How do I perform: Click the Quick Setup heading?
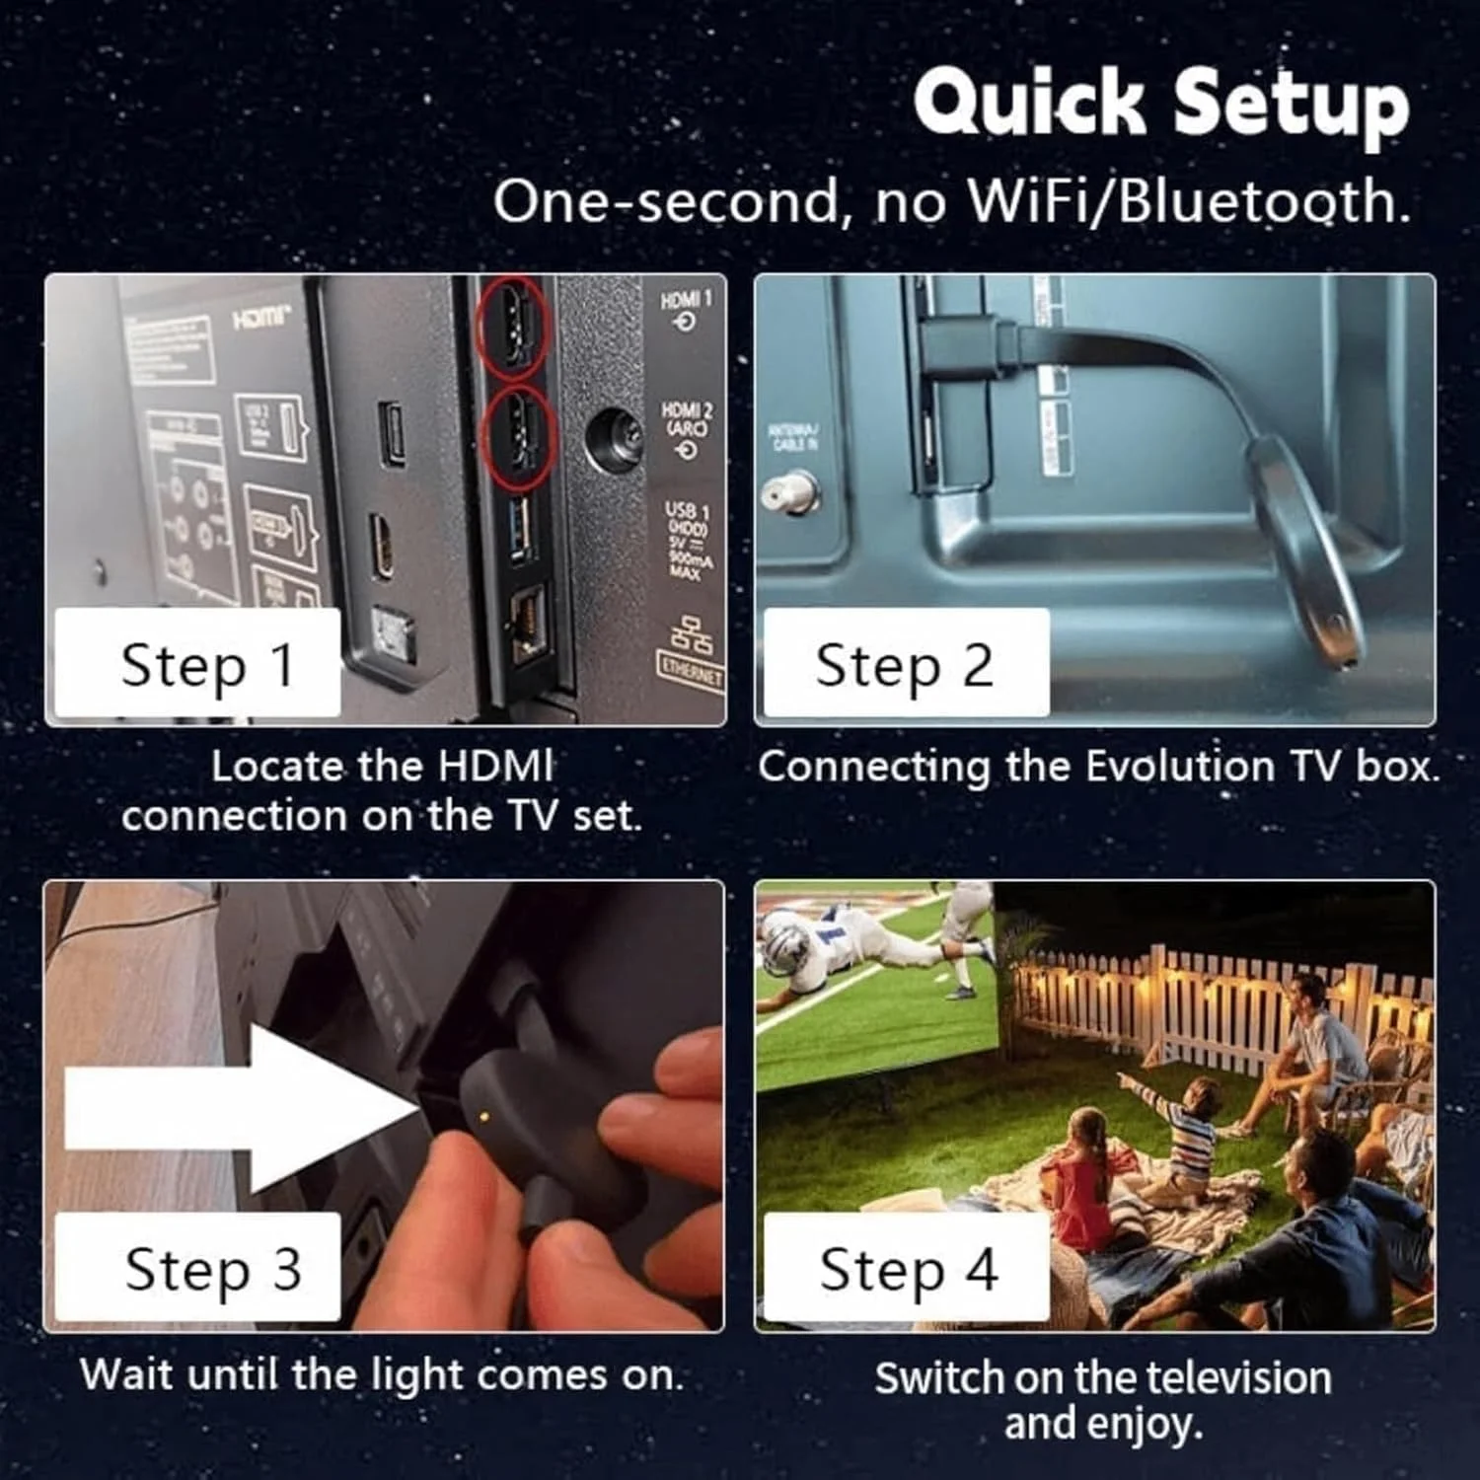[1161, 103]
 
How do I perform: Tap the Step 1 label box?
[197, 663]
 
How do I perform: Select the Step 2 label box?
[906, 663]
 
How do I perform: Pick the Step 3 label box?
[197, 1268]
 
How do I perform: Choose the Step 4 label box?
[906, 1268]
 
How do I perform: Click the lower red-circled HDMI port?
[520, 436]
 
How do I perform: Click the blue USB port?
[521, 528]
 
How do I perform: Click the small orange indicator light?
[482, 1117]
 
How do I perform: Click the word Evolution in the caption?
[1180, 767]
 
